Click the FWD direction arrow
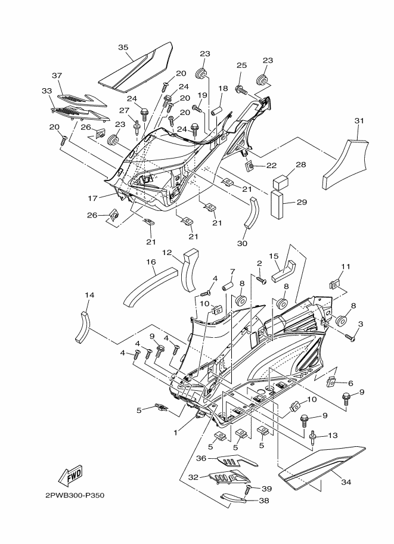70,475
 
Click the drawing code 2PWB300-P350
75,495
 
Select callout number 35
123,48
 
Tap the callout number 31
359,121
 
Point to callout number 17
92,198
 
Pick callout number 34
346,482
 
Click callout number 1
176,433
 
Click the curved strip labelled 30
252,212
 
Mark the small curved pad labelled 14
83,327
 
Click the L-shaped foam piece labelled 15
283,271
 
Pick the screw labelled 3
350,336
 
